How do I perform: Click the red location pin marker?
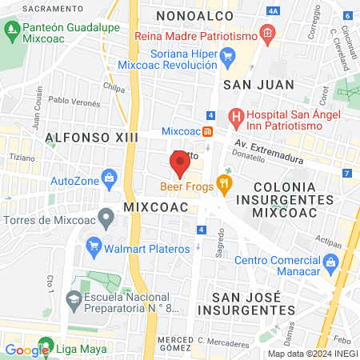click(179, 163)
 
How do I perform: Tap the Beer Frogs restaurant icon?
click(225, 186)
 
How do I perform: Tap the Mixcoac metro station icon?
click(207, 131)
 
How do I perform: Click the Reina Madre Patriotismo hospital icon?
click(267, 37)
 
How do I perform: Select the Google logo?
click(27, 350)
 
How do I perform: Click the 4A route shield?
click(274, 11)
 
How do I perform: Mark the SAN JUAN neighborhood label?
click(258, 83)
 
